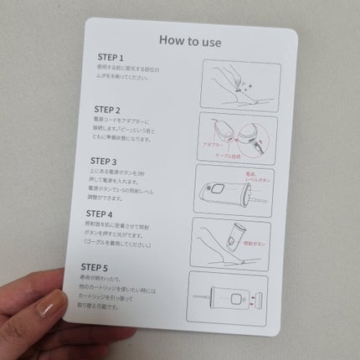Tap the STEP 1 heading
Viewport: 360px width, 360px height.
click(111, 60)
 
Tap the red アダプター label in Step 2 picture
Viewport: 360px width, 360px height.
click(213, 145)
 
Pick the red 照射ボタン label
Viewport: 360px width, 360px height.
click(251, 244)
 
